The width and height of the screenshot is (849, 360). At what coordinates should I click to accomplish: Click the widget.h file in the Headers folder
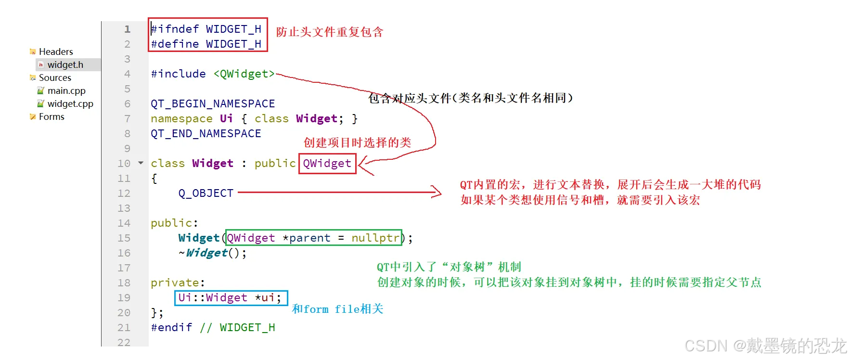(x=65, y=64)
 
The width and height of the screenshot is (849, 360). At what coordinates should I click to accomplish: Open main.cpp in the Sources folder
(x=66, y=90)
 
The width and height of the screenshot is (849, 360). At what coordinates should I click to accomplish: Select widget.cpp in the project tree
(x=70, y=103)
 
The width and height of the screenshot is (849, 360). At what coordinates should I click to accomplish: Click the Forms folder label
(x=51, y=116)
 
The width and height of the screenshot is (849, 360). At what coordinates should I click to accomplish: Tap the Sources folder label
(x=55, y=77)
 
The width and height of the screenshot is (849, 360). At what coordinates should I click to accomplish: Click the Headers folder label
(x=56, y=51)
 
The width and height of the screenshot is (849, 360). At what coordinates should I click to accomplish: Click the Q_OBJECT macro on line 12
(x=206, y=193)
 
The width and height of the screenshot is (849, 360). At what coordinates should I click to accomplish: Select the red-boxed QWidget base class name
(x=327, y=164)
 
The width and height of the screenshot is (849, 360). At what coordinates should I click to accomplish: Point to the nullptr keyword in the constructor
(x=375, y=238)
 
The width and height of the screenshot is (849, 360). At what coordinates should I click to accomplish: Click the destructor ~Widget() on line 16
(x=212, y=253)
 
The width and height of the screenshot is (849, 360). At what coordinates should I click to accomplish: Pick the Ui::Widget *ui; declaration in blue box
(x=230, y=297)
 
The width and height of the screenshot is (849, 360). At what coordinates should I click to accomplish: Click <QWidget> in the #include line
(x=244, y=74)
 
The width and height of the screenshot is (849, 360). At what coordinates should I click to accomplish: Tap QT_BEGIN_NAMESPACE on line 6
(x=213, y=103)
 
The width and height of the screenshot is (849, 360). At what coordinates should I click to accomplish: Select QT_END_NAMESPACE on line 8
(x=206, y=133)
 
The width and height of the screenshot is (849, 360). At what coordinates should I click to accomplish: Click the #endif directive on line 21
(x=171, y=327)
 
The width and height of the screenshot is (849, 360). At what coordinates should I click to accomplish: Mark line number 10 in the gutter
(x=124, y=164)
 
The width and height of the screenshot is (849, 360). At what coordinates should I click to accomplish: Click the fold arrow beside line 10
(x=141, y=163)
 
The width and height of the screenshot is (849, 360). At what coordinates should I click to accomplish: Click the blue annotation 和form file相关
(x=337, y=309)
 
